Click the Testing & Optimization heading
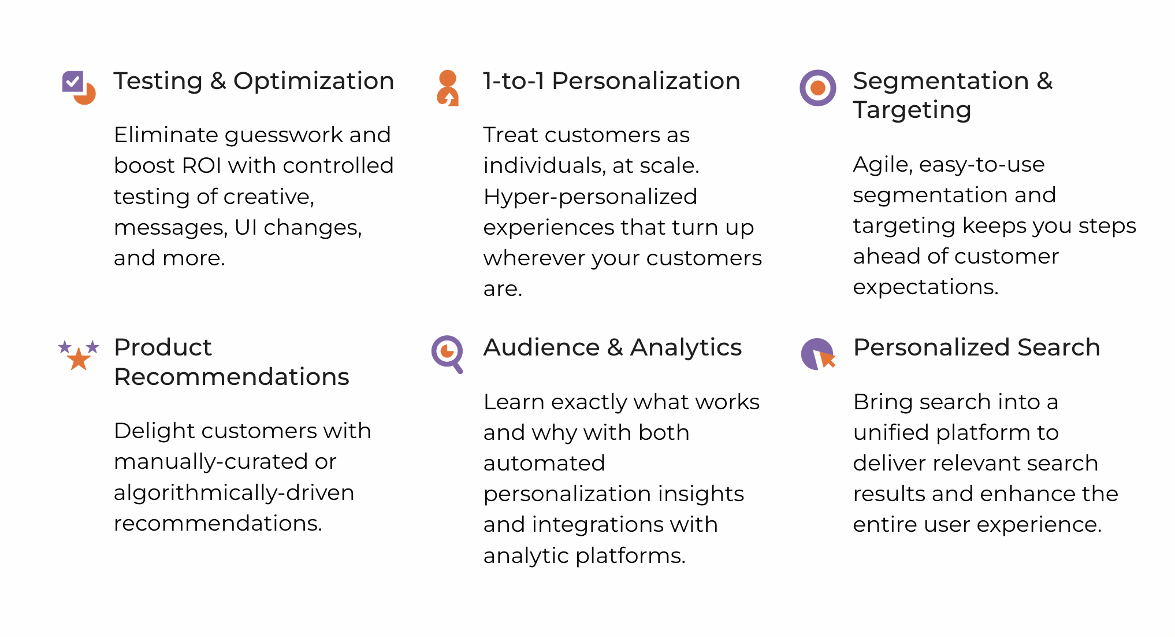254,81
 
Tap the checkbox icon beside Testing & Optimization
79,87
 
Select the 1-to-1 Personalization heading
612,81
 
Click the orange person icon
448,88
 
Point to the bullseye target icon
817,88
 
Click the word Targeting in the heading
912,110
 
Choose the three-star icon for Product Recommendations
79,354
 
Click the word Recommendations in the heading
232,377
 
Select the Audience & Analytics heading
612,347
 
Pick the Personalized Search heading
977,347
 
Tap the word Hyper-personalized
590,197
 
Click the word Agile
883,165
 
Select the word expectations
925,287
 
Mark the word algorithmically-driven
234,493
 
